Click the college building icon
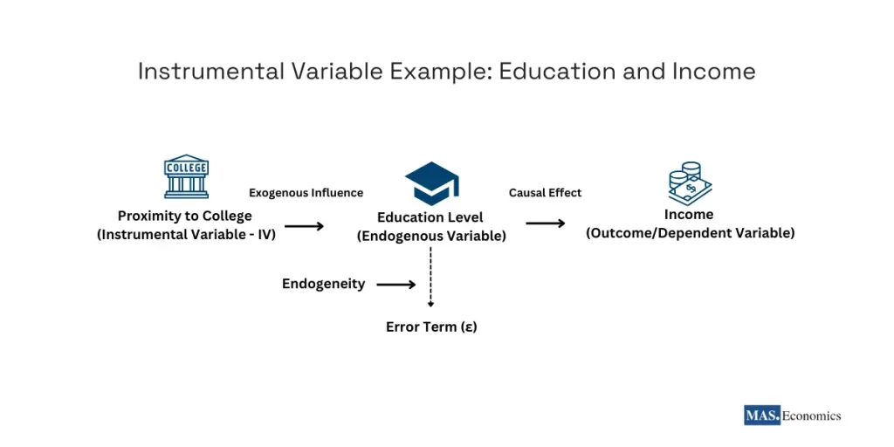coord(186,177)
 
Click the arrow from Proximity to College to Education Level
coord(304,226)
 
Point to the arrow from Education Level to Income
coord(546,223)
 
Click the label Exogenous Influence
coord(306,193)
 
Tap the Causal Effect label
coord(545,192)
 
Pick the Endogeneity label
coord(323,284)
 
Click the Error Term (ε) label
coord(431,327)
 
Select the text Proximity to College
coord(185,216)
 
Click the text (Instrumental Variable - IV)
coord(186,234)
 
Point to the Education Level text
coord(430,217)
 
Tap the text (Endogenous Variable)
coord(430,236)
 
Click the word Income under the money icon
coord(689,215)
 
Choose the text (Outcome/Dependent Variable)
coord(690,233)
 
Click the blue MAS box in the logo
coord(762,416)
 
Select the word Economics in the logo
coord(811,416)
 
